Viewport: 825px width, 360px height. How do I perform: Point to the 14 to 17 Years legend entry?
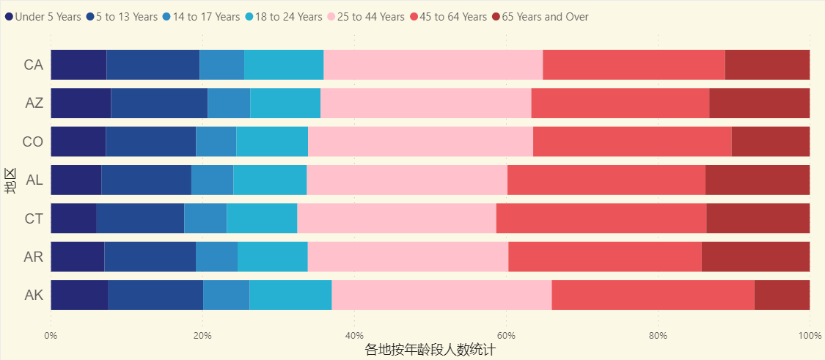pyautogui.click(x=206, y=17)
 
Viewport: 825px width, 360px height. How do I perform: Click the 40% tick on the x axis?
pyautogui.click(x=354, y=335)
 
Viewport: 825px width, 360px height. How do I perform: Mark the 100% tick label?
pyautogui.click(x=810, y=335)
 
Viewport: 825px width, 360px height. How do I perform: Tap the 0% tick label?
pyautogui.click(x=51, y=335)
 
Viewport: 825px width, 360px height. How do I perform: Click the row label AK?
pyautogui.click(x=34, y=295)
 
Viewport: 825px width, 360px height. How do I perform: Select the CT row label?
pyautogui.click(x=34, y=218)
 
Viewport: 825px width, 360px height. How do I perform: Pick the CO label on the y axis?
pyautogui.click(x=33, y=142)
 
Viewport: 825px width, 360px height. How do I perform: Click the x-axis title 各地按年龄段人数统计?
pyautogui.click(x=430, y=350)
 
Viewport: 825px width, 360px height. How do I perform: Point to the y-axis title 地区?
pyautogui.click(x=10, y=180)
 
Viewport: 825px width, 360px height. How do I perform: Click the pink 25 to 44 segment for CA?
pyautogui.click(x=433, y=65)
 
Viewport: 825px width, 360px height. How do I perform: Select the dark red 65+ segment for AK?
pyautogui.click(x=782, y=295)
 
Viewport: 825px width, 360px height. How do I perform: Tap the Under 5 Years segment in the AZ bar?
pyautogui.click(x=81, y=103)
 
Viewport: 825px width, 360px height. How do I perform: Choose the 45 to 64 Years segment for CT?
pyautogui.click(x=601, y=218)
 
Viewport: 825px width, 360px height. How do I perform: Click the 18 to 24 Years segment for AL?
pyautogui.click(x=270, y=180)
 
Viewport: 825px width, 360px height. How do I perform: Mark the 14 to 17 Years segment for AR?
pyautogui.click(x=216, y=257)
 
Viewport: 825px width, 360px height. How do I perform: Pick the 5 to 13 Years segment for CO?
pyautogui.click(x=150, y=142)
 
